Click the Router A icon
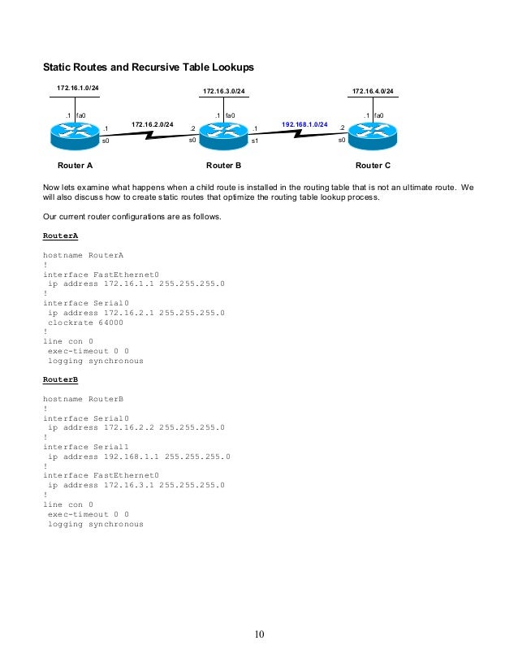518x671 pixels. click(x=75, y=133)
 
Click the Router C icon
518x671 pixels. click(x=372, y=133)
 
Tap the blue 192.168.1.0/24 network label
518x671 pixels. click(x=304, y=124)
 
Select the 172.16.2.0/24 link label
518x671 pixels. click(x=153, y=124)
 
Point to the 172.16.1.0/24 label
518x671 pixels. click(x=77, y=87)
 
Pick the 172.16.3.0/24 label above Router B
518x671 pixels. click(x=223, y=92)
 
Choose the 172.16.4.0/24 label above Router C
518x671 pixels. click(x=373, y=92)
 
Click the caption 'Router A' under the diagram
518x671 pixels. click(x=74, y=165)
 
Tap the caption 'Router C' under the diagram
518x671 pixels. click(x=373, y=165)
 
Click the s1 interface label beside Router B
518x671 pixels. click(x=254, y=141)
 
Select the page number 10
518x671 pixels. click(x=259, y=634)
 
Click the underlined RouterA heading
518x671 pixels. click(x=60, y=236)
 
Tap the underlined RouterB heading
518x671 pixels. click(x=60, y=379)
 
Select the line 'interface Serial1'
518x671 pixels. click(x=88, y=447)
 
